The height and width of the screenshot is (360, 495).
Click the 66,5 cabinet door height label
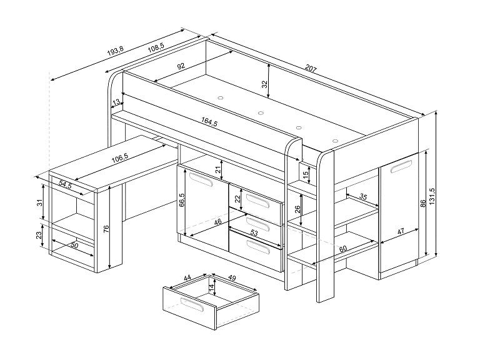point(182,199)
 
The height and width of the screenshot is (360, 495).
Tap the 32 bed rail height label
point(264,83)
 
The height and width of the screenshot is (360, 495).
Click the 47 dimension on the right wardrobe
point(401,231)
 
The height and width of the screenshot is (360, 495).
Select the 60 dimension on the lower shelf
point(342,249)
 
